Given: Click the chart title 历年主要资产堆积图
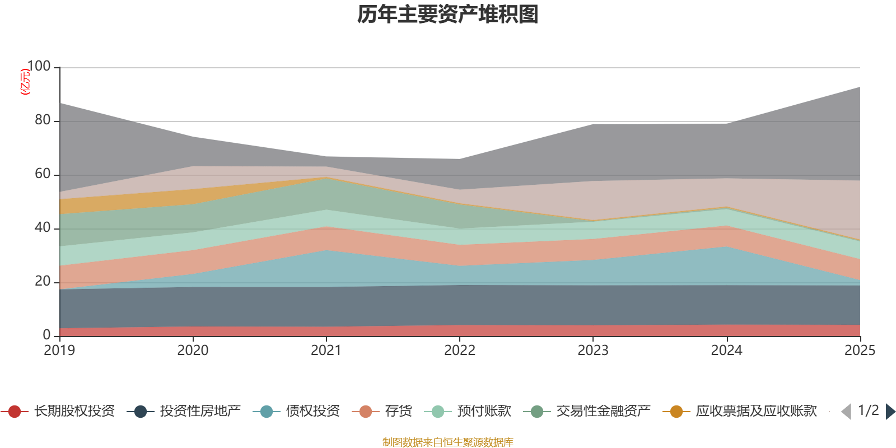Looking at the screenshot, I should pos(448,15).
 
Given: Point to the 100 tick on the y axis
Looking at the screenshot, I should pos(39,66).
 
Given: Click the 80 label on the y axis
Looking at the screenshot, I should pos(43,120).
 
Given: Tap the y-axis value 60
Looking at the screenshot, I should pos(43,174).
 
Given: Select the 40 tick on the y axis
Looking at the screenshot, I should pos(43,227).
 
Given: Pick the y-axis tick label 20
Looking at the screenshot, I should pos(43,281).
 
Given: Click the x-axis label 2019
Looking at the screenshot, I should pos(59,351).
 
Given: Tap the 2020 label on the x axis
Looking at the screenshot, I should pos(193,351).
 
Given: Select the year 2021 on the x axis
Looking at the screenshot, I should pos(326,351).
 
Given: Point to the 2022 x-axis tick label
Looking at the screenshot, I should pos(460,351).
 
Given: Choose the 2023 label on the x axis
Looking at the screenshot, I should pos(593,351).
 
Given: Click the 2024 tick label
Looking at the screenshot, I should pos(726,351).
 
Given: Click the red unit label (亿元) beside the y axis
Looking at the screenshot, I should pos(25,82).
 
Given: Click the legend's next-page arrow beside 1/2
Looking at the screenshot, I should pos(890,412).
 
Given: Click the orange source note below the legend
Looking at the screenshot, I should pos(448,442).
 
